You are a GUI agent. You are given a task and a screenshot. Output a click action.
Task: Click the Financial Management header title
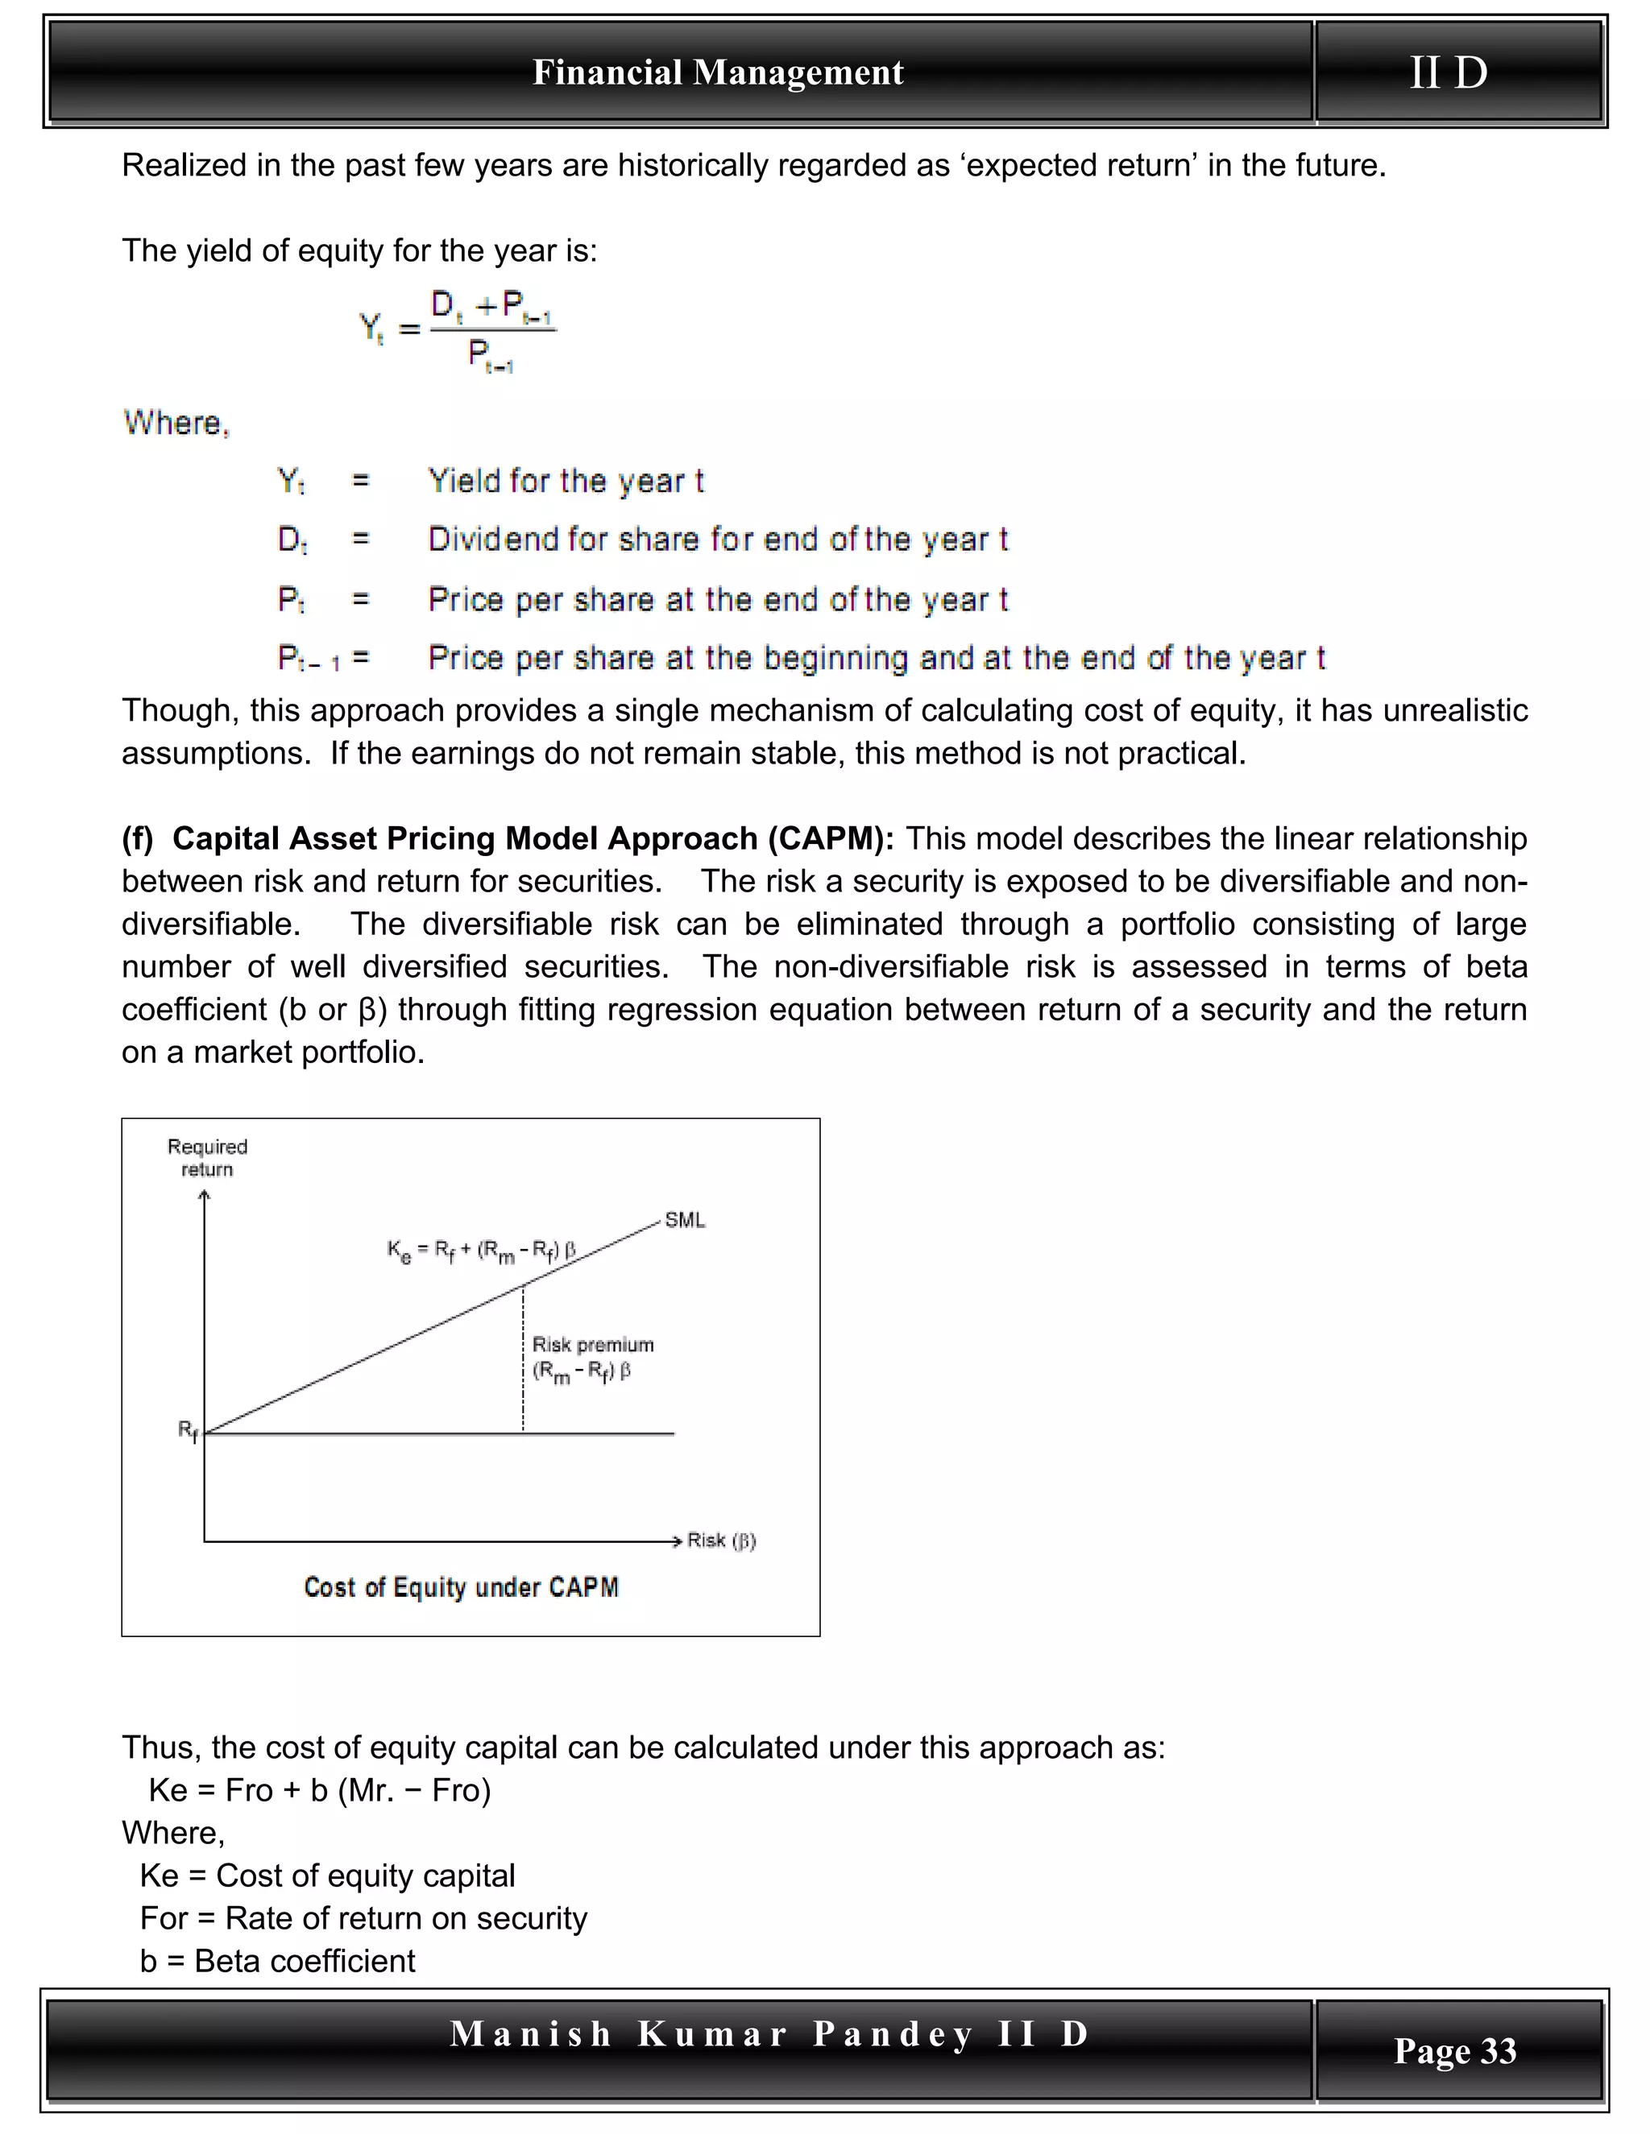[718, 72]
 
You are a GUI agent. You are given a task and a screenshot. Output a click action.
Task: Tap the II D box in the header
[1449, 72]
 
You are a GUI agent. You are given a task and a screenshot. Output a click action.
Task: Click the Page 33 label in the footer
[1454, 2050]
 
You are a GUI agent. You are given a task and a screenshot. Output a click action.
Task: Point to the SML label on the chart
[684, 1220]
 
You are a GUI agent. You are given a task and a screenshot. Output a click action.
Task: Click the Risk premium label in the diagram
[592, 1345]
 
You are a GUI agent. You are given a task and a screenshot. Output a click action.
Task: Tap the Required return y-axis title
[207, 1158]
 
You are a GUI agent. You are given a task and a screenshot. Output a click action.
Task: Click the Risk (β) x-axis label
[721, 1541]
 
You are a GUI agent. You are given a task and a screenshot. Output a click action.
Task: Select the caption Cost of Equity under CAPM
[460, 1587]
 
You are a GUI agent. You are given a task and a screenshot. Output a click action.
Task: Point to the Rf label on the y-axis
[188, 1430]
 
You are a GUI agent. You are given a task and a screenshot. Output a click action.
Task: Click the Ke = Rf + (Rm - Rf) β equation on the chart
[481, 1251]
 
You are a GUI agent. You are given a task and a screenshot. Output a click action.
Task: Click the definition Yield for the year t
[566, 481]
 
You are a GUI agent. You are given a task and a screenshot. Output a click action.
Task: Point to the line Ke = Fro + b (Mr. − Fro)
[320, 1790]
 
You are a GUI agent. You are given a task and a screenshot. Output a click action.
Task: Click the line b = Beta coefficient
[278, 1961]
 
